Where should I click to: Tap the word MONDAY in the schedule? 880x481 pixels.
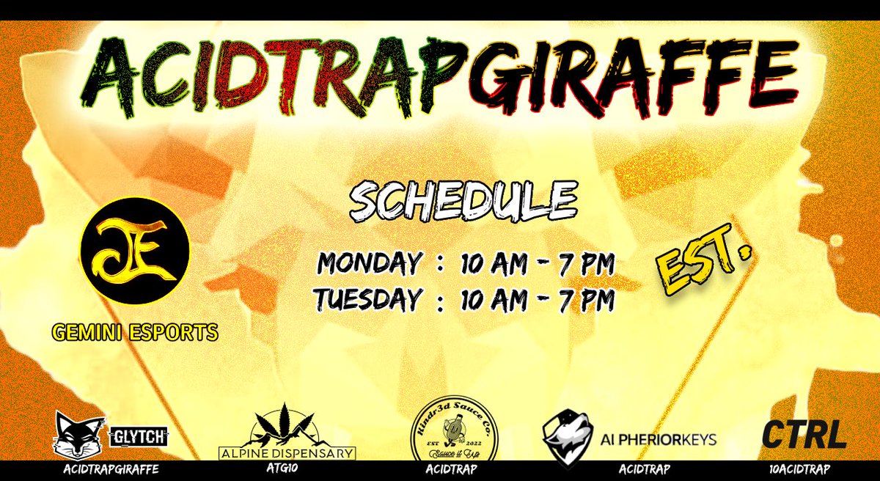(x=370, y=263)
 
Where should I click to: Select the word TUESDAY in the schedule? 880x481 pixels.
(x=368, y=298)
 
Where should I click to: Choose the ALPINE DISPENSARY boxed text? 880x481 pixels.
(x=288, y=453)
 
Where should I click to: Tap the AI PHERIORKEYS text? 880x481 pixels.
(x=659, y=440)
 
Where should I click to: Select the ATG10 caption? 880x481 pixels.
(x=287, y=469)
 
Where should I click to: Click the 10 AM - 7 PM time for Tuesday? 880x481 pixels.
(x=538, y=298)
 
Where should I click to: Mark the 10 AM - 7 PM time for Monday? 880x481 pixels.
(x=538, y=263)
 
